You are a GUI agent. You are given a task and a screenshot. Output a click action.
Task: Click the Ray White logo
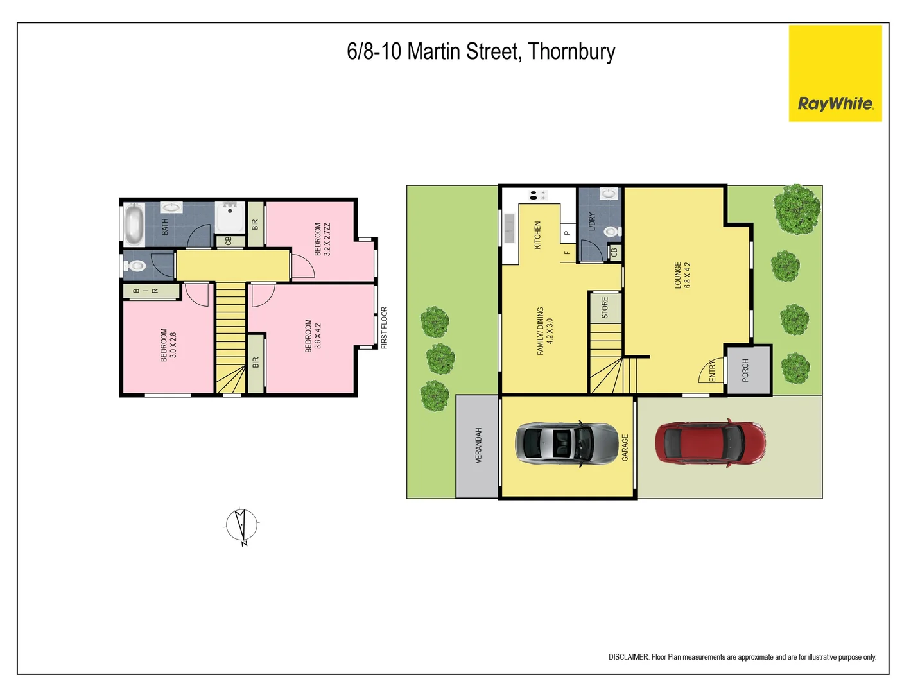tap(835, 74)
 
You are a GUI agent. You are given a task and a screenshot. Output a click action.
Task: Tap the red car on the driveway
tap(710, 443)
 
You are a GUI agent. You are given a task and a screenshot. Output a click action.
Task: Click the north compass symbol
tap(242, 526)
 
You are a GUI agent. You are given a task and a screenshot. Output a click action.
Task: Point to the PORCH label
tap(745, 370)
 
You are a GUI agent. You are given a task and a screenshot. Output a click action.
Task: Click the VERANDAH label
tap(478, 445)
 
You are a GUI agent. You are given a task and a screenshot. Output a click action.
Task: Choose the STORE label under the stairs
tap(605, 307)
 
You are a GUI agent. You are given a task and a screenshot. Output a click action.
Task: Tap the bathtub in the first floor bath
tap(134, 224)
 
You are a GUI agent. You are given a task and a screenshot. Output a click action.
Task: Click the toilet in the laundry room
tap(611, 231)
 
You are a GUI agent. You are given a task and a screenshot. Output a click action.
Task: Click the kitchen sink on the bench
tap(510, 228)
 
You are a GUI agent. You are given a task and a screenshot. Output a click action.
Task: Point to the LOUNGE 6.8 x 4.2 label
tap(682, 275)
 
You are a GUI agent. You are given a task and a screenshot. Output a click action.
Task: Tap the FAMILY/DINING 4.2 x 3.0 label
tap(544, 331)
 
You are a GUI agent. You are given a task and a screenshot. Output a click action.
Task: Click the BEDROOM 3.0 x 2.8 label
tap(168, 345)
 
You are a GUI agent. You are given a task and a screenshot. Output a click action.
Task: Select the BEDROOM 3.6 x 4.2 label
tap(313, 336)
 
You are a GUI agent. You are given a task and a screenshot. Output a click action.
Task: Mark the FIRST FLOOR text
tap(385, 327)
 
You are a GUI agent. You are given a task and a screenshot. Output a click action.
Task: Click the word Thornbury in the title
tap(571, 51)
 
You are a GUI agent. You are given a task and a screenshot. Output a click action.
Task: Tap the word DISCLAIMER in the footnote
tap(628, 657)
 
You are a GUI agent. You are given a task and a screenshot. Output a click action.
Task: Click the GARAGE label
tap(625, 447)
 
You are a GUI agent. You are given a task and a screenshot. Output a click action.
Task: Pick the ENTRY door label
tap(713, 371)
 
